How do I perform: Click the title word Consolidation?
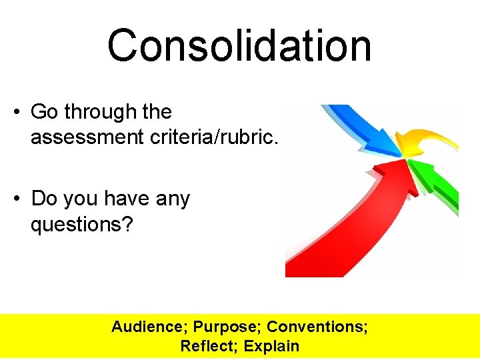coord(239,46)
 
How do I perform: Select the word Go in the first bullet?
coord(44,112)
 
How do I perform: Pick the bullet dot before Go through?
coord(15,112)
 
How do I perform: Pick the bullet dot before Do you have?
coord(15,199)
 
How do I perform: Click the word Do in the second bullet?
coord(44,199)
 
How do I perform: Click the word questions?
coord(82,225)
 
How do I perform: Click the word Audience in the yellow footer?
coord(149,327)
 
